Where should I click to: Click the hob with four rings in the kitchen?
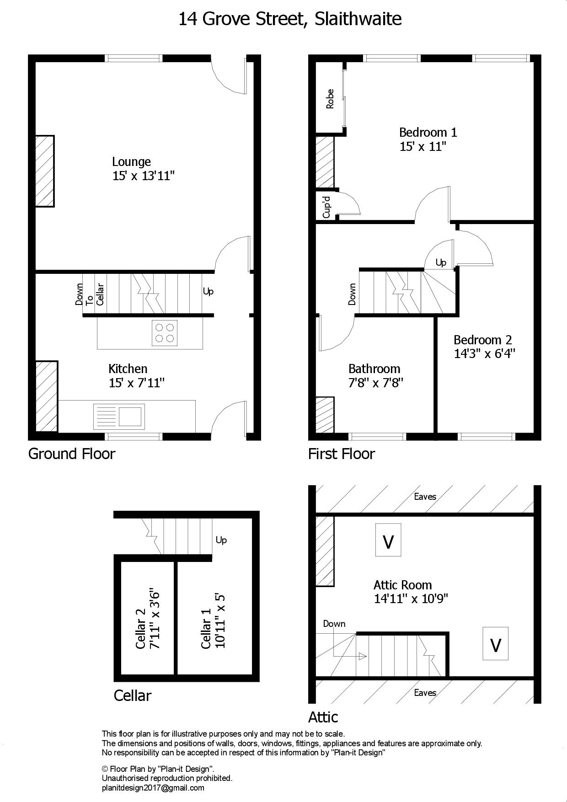point(165,332)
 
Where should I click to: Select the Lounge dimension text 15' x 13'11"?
point(144,176)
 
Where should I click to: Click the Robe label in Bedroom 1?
point(330,99)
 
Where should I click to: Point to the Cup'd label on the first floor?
point(326,207)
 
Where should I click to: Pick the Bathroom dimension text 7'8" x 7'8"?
point(375,383)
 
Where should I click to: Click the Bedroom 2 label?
point(482,340)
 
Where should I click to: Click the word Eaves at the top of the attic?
point(425,497)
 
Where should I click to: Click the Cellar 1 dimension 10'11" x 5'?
point(220,621)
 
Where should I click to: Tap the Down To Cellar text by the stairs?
point(90,294)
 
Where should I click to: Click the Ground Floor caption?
point(72,454)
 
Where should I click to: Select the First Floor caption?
point(341,454)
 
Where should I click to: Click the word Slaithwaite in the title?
point(356,19)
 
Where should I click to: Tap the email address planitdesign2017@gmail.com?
point(153,787)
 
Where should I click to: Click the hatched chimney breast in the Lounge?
point(45,171)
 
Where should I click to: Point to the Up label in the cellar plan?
point(221,540)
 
